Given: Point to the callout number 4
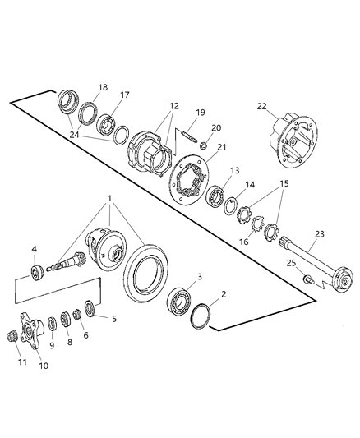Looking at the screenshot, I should tap(34, 250).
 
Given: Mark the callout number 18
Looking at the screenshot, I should tap(103, 87).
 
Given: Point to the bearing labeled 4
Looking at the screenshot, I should tap(38, 272).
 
